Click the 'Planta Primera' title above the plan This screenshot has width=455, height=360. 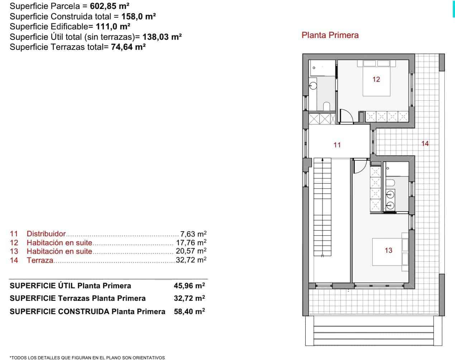pos(330,35)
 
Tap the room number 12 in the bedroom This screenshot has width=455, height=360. pos(376,79)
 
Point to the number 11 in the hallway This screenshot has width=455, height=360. pos(337,145)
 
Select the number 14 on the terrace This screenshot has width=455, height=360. pos(425,143)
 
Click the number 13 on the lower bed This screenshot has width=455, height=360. pos(388,250)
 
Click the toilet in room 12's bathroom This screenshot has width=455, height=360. pos(326,106)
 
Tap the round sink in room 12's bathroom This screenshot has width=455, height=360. pos(313,86)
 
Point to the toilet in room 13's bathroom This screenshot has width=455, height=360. pos(390,183)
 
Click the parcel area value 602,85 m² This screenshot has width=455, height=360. pos(110,6)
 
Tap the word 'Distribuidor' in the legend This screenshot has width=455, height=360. pos(46,234)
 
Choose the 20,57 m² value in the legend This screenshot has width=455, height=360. pos(191,251)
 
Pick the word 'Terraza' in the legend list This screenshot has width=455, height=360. pos(40,260)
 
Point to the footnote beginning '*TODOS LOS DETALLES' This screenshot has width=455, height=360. pos(87,357)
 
